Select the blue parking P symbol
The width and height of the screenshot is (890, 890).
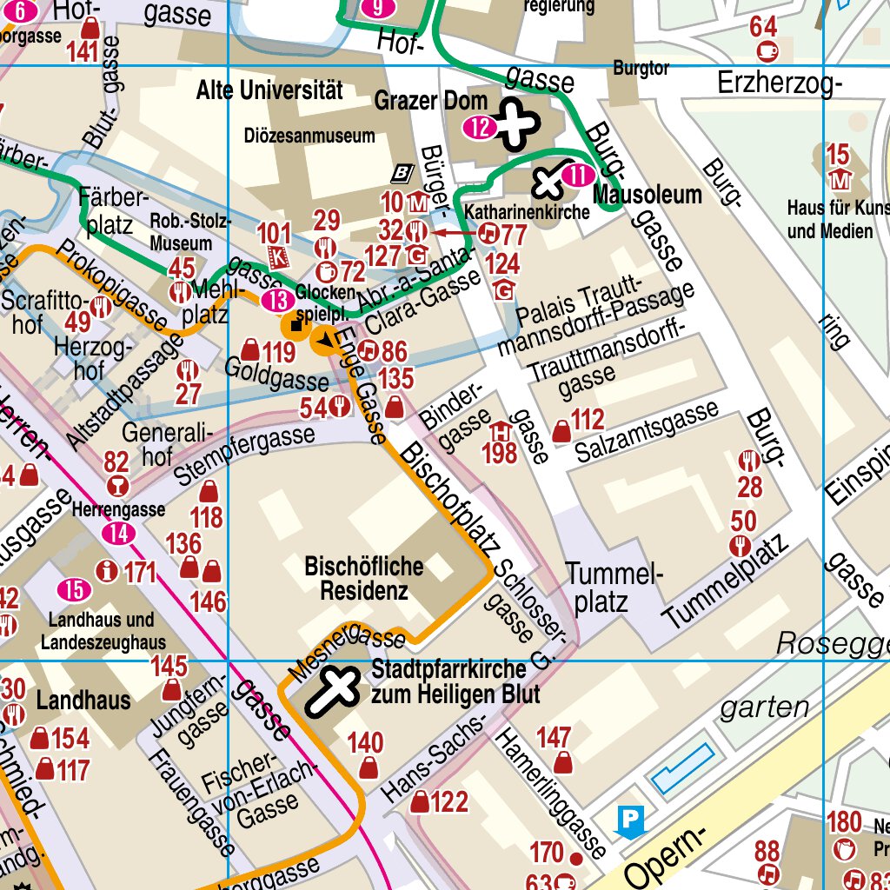tap(630, 820)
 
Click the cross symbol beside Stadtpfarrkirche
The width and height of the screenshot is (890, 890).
tap(332, 690)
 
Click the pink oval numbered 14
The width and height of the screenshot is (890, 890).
tap(118, 533)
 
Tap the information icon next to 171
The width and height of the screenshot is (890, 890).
tap(107, 571)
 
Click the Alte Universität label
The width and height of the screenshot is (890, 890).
tap(269, 90)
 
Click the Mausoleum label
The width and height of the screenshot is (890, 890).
tap(648, 195)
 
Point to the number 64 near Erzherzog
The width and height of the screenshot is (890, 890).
tap(763, 27)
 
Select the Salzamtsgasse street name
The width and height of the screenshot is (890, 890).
tap(648, 432)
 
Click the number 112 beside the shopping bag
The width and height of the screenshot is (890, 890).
tap(588, 421)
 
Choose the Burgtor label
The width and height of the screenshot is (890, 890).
tap(641, 68)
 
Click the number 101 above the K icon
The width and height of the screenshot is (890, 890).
tap(275, 233)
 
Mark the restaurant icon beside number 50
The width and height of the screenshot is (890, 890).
tap(741, 546)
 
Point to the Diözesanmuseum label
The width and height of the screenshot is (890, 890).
tap(309, 136)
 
